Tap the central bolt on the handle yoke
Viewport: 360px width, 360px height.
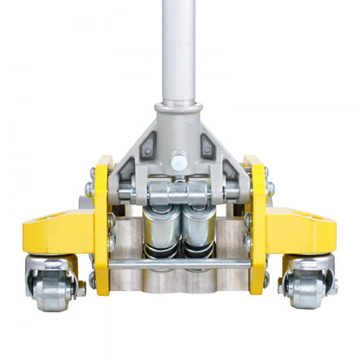tap(179, 161)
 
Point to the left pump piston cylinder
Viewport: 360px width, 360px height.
tap(159, 228)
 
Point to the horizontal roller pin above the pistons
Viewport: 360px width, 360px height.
tap(179, 193)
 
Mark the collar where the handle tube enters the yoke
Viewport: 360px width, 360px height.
tap(179, 111)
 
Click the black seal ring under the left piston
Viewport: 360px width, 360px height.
tap(159, 252)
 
